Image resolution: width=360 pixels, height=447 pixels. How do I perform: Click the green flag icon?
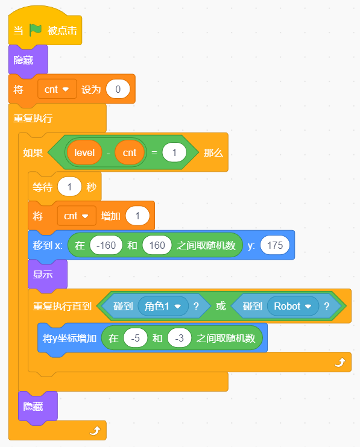click(36, 30)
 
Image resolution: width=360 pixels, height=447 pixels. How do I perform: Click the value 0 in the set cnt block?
click(118, 89)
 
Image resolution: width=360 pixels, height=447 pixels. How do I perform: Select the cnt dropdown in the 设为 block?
click(57, 89)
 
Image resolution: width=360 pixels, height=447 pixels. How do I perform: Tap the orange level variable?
click(84, 152)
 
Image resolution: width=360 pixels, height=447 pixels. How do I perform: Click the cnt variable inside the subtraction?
click(130, 152)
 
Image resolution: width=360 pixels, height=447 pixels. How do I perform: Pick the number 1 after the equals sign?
click(174, 152)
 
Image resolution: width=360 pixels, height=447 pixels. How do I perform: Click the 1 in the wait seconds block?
click(69, 187)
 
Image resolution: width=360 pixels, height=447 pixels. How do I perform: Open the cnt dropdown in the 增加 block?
click(77, 216)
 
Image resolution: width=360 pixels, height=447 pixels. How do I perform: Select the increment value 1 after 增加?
click(137, 216)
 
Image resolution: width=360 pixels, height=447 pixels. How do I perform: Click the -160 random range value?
click(106, 245)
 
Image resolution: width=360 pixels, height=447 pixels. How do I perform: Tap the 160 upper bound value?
click(157, 245)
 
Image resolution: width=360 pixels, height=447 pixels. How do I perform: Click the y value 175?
click(275, 245)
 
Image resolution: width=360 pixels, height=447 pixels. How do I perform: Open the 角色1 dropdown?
click(163, 306)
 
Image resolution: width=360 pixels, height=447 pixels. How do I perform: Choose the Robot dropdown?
click(293, 306)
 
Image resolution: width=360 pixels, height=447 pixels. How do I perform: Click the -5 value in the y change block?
click(136, 338)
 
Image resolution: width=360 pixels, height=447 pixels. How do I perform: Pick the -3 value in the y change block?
click(180, 338)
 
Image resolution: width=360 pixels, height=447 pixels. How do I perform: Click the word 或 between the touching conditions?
click(221, 306)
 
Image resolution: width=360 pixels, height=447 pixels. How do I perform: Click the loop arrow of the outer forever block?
click(95, 430)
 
